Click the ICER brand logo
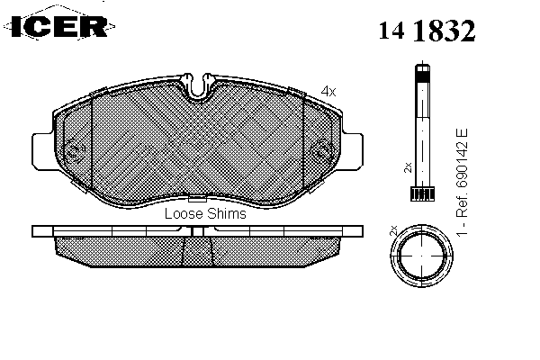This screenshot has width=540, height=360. (59, 24)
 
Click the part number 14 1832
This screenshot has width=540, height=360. (427, 31)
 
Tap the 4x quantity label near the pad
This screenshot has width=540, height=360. (328, 91)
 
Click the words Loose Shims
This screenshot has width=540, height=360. (205, 213)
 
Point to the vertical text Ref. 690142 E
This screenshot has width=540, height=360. (462, 173)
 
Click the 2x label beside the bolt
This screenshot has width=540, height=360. (408, 167)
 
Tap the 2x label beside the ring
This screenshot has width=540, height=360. (393, 230)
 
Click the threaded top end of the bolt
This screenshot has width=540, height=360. (423, 73)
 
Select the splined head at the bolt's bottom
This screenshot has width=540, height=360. (422, 193)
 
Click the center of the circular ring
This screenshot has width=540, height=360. (421, 256)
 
